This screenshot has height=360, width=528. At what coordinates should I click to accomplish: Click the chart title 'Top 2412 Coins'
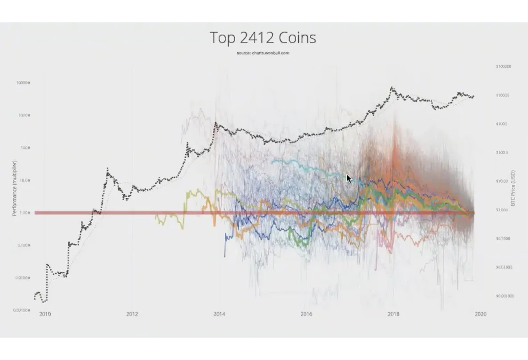[263, 38]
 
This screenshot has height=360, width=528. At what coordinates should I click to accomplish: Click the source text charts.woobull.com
[263, 53]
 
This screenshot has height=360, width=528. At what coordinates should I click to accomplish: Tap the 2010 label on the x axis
[45, 314]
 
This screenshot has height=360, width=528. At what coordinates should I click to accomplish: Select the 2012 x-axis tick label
[132, 314]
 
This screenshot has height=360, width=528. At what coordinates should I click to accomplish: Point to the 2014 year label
[219, 314]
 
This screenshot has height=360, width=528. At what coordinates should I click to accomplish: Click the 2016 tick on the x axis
[306, 314]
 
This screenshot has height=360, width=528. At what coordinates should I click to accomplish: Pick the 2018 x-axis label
[394, 314]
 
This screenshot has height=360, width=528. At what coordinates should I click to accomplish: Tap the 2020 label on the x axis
[480, 314]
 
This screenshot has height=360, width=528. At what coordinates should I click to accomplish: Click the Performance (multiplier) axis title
[15, 188]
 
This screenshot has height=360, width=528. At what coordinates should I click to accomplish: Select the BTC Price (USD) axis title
[513, 188]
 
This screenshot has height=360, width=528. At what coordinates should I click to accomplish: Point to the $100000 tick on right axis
[504, 66]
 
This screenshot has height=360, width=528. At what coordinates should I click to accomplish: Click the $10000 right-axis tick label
[503, 95]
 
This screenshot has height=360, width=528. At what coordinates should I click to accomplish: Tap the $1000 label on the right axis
[502, 124]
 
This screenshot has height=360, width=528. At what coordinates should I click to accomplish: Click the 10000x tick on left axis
[23, 83]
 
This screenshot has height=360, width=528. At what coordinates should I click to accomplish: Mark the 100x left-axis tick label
[25, 148]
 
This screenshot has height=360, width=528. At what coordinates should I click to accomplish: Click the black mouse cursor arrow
[349, 179]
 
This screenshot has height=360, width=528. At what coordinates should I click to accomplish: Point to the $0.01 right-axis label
[504, 267]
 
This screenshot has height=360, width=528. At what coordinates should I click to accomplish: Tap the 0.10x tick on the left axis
[24, 245]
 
